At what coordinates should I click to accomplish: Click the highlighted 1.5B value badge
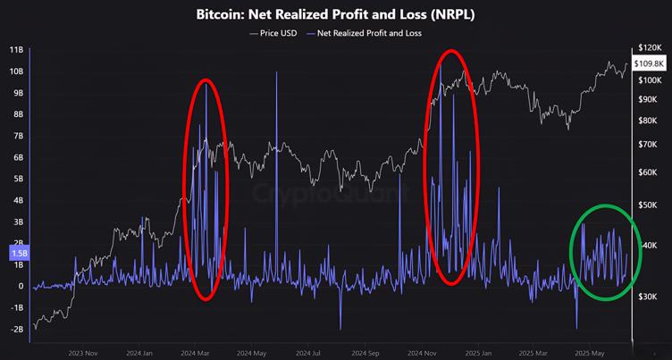(17, 254)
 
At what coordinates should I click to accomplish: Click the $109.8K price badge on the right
(649, 63)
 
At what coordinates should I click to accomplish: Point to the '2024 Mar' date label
(197, 352)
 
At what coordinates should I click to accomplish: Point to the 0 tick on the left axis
(21, 286)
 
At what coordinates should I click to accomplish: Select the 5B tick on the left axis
(17, 178)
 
